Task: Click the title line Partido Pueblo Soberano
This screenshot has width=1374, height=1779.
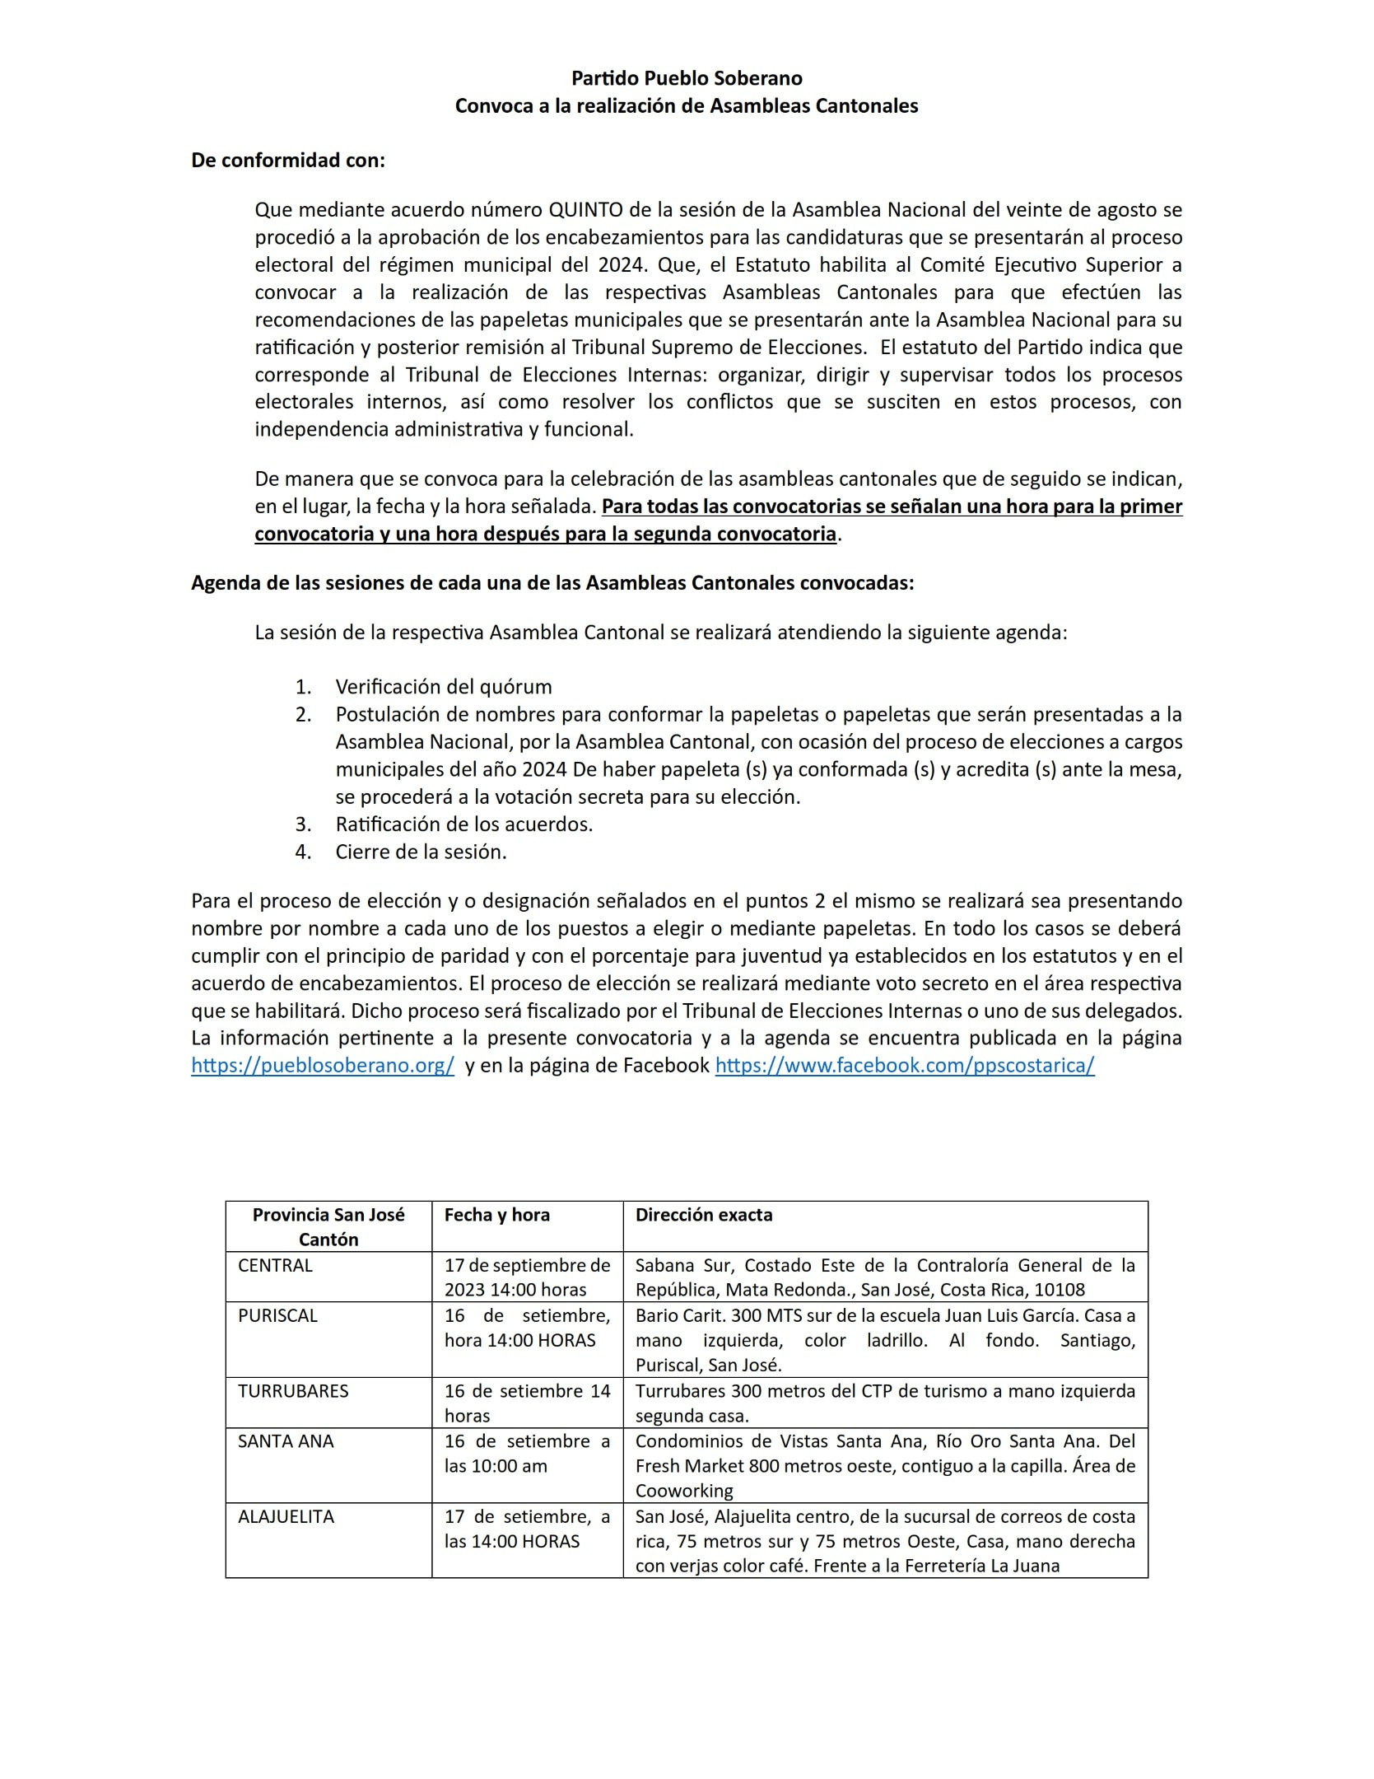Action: click(687, 78)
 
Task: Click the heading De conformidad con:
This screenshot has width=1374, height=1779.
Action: click(288, 161)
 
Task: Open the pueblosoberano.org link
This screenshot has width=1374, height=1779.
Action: click(323, 1065)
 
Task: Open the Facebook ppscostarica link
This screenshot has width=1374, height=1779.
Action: click(905, 1065)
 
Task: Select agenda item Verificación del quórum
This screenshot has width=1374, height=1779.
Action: click(444, 687)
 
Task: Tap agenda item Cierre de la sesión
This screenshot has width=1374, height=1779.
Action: click(421, 852)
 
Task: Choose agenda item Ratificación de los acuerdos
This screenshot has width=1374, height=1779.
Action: click(464, 824)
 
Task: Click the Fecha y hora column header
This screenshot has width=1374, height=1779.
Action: click(497, 1215)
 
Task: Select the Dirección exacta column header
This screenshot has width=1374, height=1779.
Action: click(704, 1215)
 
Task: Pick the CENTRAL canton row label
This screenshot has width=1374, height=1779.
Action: click(275, 1266)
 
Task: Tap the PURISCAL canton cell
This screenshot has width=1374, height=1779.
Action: click(277, 1316)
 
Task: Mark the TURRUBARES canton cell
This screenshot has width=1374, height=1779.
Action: click(293, 1391)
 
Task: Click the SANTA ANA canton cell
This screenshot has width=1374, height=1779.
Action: click(286, 1441)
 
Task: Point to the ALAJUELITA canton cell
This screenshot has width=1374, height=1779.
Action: click(286, 1516)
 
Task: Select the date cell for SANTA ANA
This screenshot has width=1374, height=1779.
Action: click(527, 1454)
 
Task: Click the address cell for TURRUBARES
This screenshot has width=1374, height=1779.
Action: click(885, 1403)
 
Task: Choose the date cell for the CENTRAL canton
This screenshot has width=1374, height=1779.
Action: click(527, 1277)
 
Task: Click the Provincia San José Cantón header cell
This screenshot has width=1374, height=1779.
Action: click(328, 1227)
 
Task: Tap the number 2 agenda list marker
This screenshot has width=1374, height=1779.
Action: click(304, 715)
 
